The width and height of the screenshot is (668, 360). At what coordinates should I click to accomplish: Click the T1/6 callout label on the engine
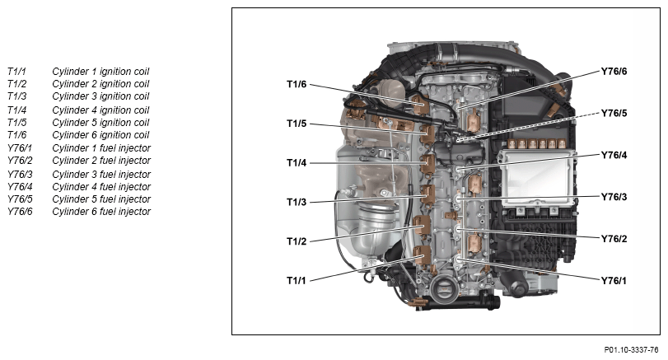(296, 84)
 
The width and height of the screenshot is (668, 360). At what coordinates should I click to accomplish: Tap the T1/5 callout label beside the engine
(296, 124)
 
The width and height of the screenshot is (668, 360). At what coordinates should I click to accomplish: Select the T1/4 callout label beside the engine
(296, 163)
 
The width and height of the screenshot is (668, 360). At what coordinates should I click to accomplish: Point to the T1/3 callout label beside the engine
(296, 202)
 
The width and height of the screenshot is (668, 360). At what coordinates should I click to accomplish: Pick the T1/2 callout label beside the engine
(296, 241)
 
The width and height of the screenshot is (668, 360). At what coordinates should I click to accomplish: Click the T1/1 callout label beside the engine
(296, 280)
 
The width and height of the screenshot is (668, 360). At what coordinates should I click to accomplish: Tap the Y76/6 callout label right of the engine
(614, 71)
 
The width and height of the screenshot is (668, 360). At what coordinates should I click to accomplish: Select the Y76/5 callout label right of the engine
(614, 113)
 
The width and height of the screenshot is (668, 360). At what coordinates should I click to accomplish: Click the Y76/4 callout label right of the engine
(614, 155)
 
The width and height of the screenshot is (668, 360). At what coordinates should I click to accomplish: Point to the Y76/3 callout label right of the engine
(614, 196)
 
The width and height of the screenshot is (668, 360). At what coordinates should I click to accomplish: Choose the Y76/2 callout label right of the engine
(614, 239)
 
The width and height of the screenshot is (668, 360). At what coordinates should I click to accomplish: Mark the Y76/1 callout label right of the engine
(614, 280)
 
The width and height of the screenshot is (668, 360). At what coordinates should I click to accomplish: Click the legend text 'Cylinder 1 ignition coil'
(100, 72)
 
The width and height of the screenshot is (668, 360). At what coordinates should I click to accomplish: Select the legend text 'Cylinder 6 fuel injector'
(101, 212)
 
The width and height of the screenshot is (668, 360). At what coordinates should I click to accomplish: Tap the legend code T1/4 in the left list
(16, 110)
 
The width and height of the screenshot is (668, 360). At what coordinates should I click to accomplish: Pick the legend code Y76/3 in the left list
(20, 175)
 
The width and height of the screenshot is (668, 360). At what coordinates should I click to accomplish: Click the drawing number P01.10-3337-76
(631, 350)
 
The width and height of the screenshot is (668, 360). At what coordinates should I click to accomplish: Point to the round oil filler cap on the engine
(443, 289)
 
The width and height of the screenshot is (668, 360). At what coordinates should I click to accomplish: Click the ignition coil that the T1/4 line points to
(427, 164)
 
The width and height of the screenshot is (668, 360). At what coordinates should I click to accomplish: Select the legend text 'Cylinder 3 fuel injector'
(101, 175)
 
